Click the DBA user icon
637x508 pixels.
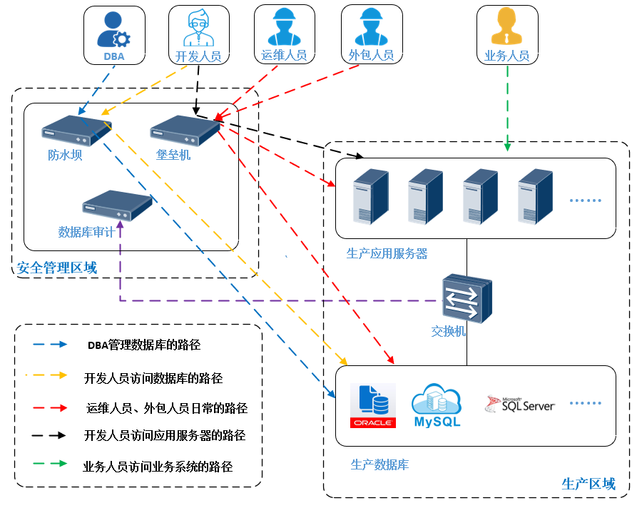(113, 30)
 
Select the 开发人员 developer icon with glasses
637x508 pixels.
(198, 29)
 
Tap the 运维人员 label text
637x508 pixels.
(284, 55)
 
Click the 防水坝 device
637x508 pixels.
(71, 131)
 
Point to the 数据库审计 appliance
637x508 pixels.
(117, 207)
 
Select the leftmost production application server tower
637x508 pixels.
(371, 197)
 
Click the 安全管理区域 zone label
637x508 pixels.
(56, 268)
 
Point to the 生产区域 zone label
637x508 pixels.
(588, 484)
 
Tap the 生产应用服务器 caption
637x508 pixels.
(387, 253)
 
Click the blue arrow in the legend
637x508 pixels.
(50, 345)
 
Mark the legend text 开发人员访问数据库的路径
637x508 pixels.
(153, 377)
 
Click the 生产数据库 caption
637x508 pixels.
(379, 465)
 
